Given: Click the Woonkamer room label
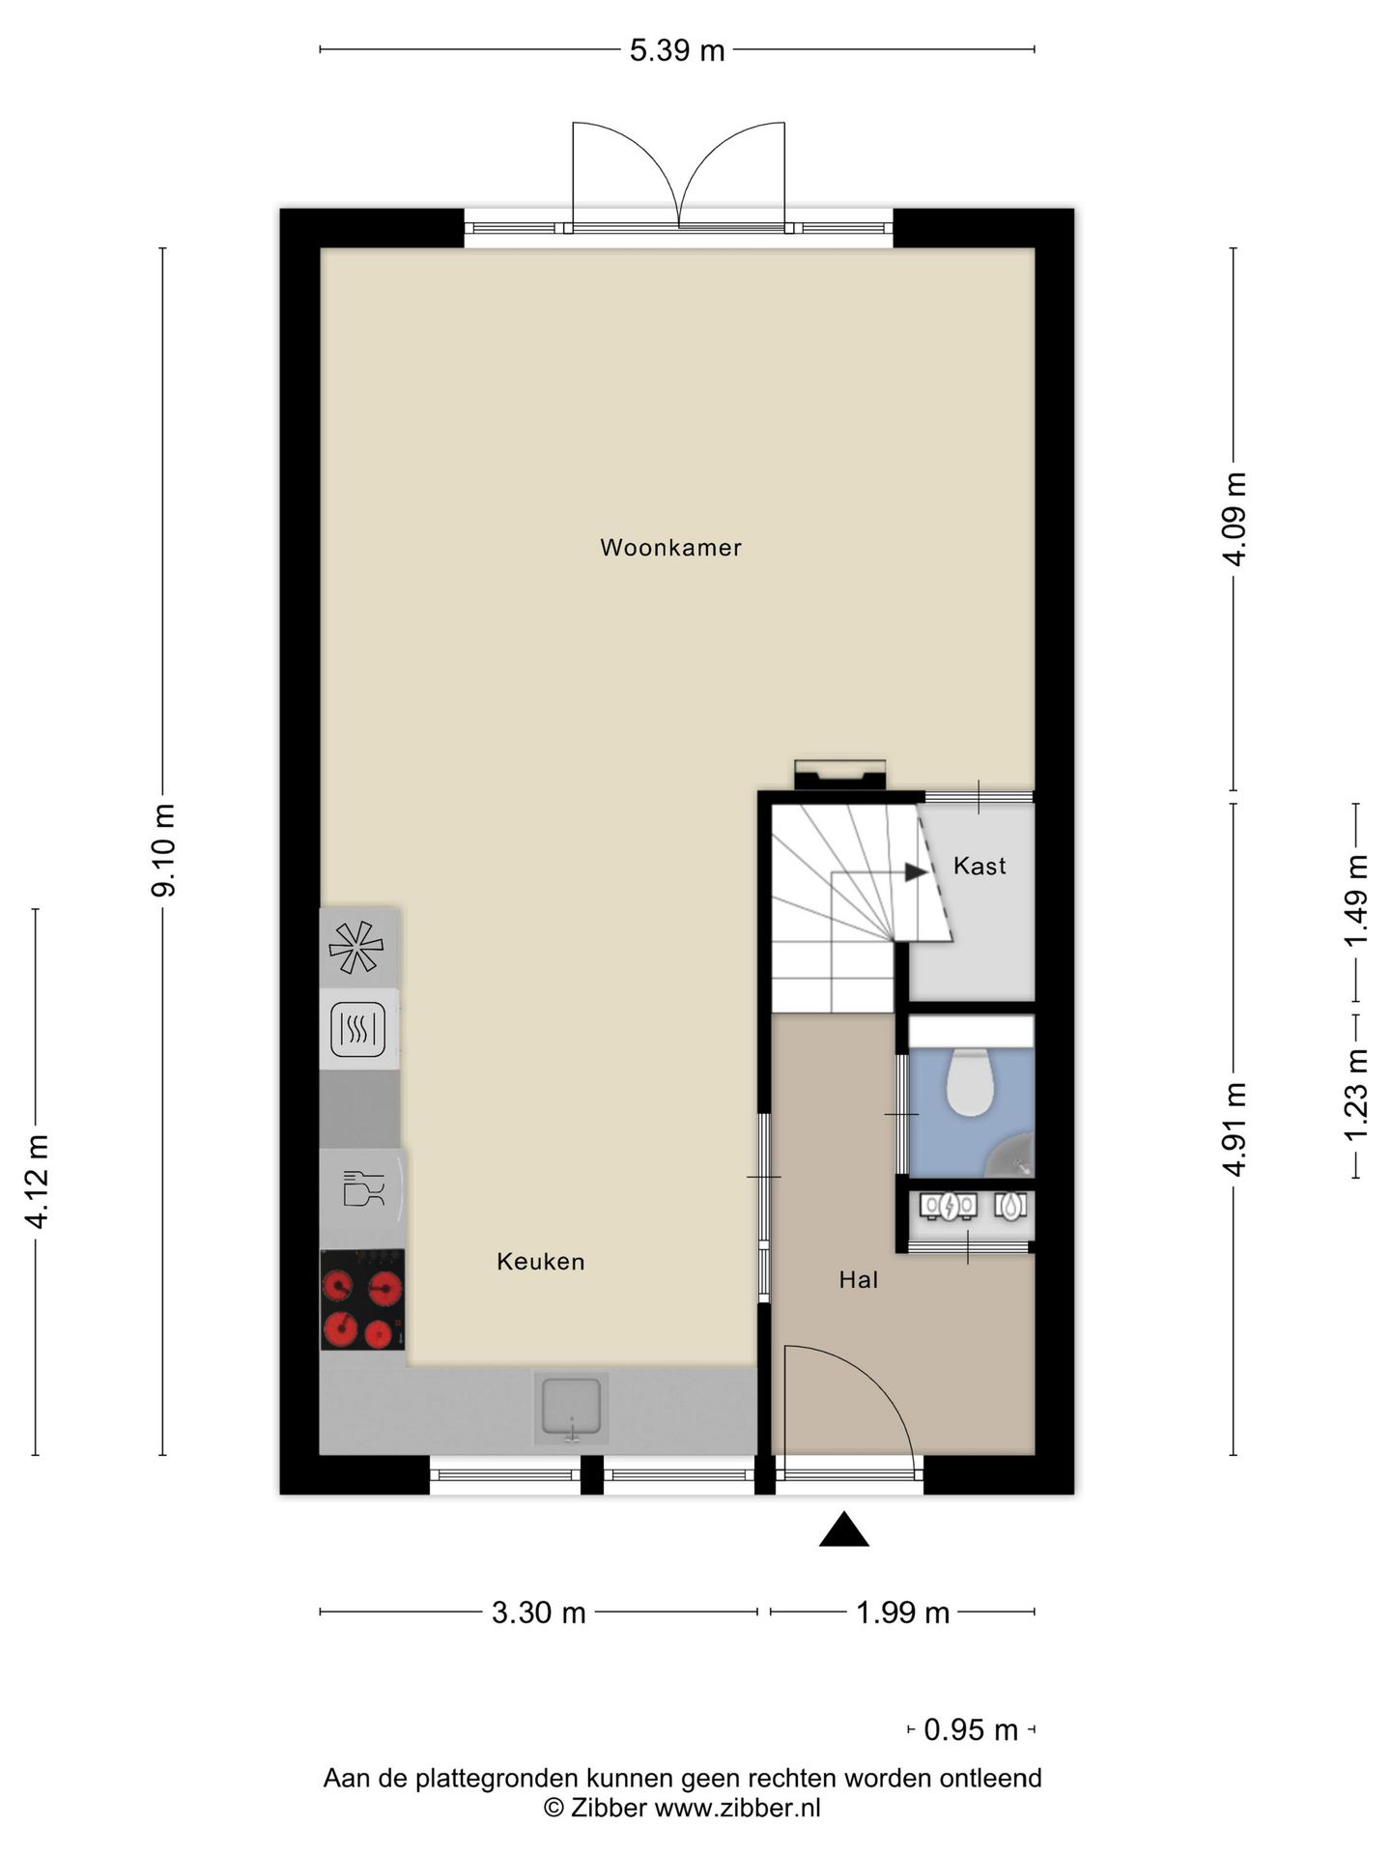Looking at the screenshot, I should [x=670, y=548].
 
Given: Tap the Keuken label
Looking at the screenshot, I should [x=540, y=1262].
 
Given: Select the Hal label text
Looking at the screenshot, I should [x=858, y=1280].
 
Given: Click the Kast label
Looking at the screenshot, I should [x=979, y=866].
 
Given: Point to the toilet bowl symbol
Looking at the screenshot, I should [x=970, y=1081].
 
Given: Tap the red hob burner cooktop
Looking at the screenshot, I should [x=362, y=1299].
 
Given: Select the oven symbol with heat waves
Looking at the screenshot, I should [x=358, y=1029].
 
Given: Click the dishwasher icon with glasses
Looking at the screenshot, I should [x=362, y=1188].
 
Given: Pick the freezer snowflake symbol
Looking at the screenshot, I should [x=355, y=947].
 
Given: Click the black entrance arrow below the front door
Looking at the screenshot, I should [x=843, y=1530].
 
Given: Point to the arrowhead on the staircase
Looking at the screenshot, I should [x=916, y=871].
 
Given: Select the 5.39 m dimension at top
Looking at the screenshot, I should [x=677, y=50].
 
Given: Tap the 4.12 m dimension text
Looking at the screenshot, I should [x=37, y=1182].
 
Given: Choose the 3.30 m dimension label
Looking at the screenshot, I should [x=538, y=1612].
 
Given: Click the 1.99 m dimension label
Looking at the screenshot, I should [x=903, y=1612].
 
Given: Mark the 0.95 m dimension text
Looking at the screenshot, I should [x=971, y=1729].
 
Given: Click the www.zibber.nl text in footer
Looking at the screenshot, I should [x=737, y=1808].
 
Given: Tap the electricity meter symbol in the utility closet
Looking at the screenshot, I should [x=949, y=1206].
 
